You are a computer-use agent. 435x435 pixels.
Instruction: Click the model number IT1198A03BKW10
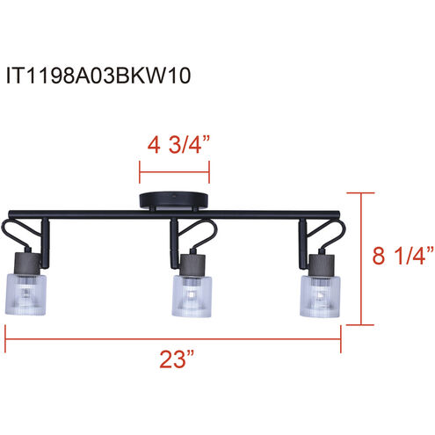(98, 76)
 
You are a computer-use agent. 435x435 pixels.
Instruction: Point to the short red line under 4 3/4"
(176, 163)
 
